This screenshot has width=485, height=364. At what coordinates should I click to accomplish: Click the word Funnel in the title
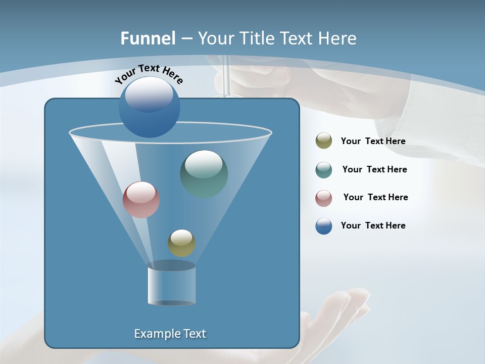148,38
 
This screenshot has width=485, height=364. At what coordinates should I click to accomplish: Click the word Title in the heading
256,38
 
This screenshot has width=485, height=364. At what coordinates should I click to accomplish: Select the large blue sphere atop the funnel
149,107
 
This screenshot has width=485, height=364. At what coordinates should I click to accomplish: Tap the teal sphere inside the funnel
204,174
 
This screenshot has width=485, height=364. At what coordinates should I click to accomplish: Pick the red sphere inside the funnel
141,200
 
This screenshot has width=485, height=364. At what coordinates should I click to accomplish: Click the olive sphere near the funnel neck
181,243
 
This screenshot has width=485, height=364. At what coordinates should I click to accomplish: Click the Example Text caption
170,334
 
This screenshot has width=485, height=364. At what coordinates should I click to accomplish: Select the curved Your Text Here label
149,73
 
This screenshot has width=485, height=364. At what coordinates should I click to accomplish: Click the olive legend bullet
324,141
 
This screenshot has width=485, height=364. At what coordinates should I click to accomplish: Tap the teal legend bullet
324,170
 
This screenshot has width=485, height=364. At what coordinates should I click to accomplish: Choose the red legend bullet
324,198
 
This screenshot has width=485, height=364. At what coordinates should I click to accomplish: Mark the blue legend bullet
324,226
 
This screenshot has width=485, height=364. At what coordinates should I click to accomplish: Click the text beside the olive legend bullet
373,141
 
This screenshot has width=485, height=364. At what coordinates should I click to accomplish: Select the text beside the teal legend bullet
374,169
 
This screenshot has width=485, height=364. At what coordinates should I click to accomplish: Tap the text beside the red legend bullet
375,197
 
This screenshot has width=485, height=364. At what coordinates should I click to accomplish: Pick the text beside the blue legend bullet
373,225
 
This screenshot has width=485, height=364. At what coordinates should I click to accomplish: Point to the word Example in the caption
155,334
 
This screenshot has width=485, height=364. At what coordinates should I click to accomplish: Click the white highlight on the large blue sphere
149,94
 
